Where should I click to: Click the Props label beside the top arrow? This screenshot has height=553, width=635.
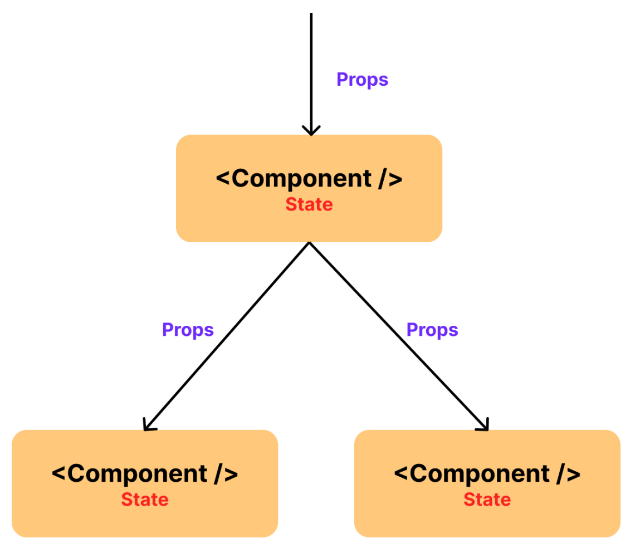[x=362, y=80]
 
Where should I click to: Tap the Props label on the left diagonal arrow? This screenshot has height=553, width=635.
[x=188, y=330]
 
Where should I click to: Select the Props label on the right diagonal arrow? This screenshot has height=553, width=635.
[x=432, y=330]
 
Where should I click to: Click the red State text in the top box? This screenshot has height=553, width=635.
[x=309, y=204]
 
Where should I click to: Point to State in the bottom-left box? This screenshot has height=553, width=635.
[x=145, y=500]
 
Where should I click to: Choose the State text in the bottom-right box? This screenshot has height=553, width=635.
[x=487, y=500]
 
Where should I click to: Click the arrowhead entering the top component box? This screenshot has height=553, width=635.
[x=311, y=131]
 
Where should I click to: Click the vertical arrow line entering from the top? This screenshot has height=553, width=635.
[x=311, y=67]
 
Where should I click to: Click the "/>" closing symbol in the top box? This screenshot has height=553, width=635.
[x=389, y=179]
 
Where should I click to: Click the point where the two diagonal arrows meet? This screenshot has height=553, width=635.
[x=309, y=243]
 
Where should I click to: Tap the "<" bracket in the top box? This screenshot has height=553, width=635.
[x=223, y=179]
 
